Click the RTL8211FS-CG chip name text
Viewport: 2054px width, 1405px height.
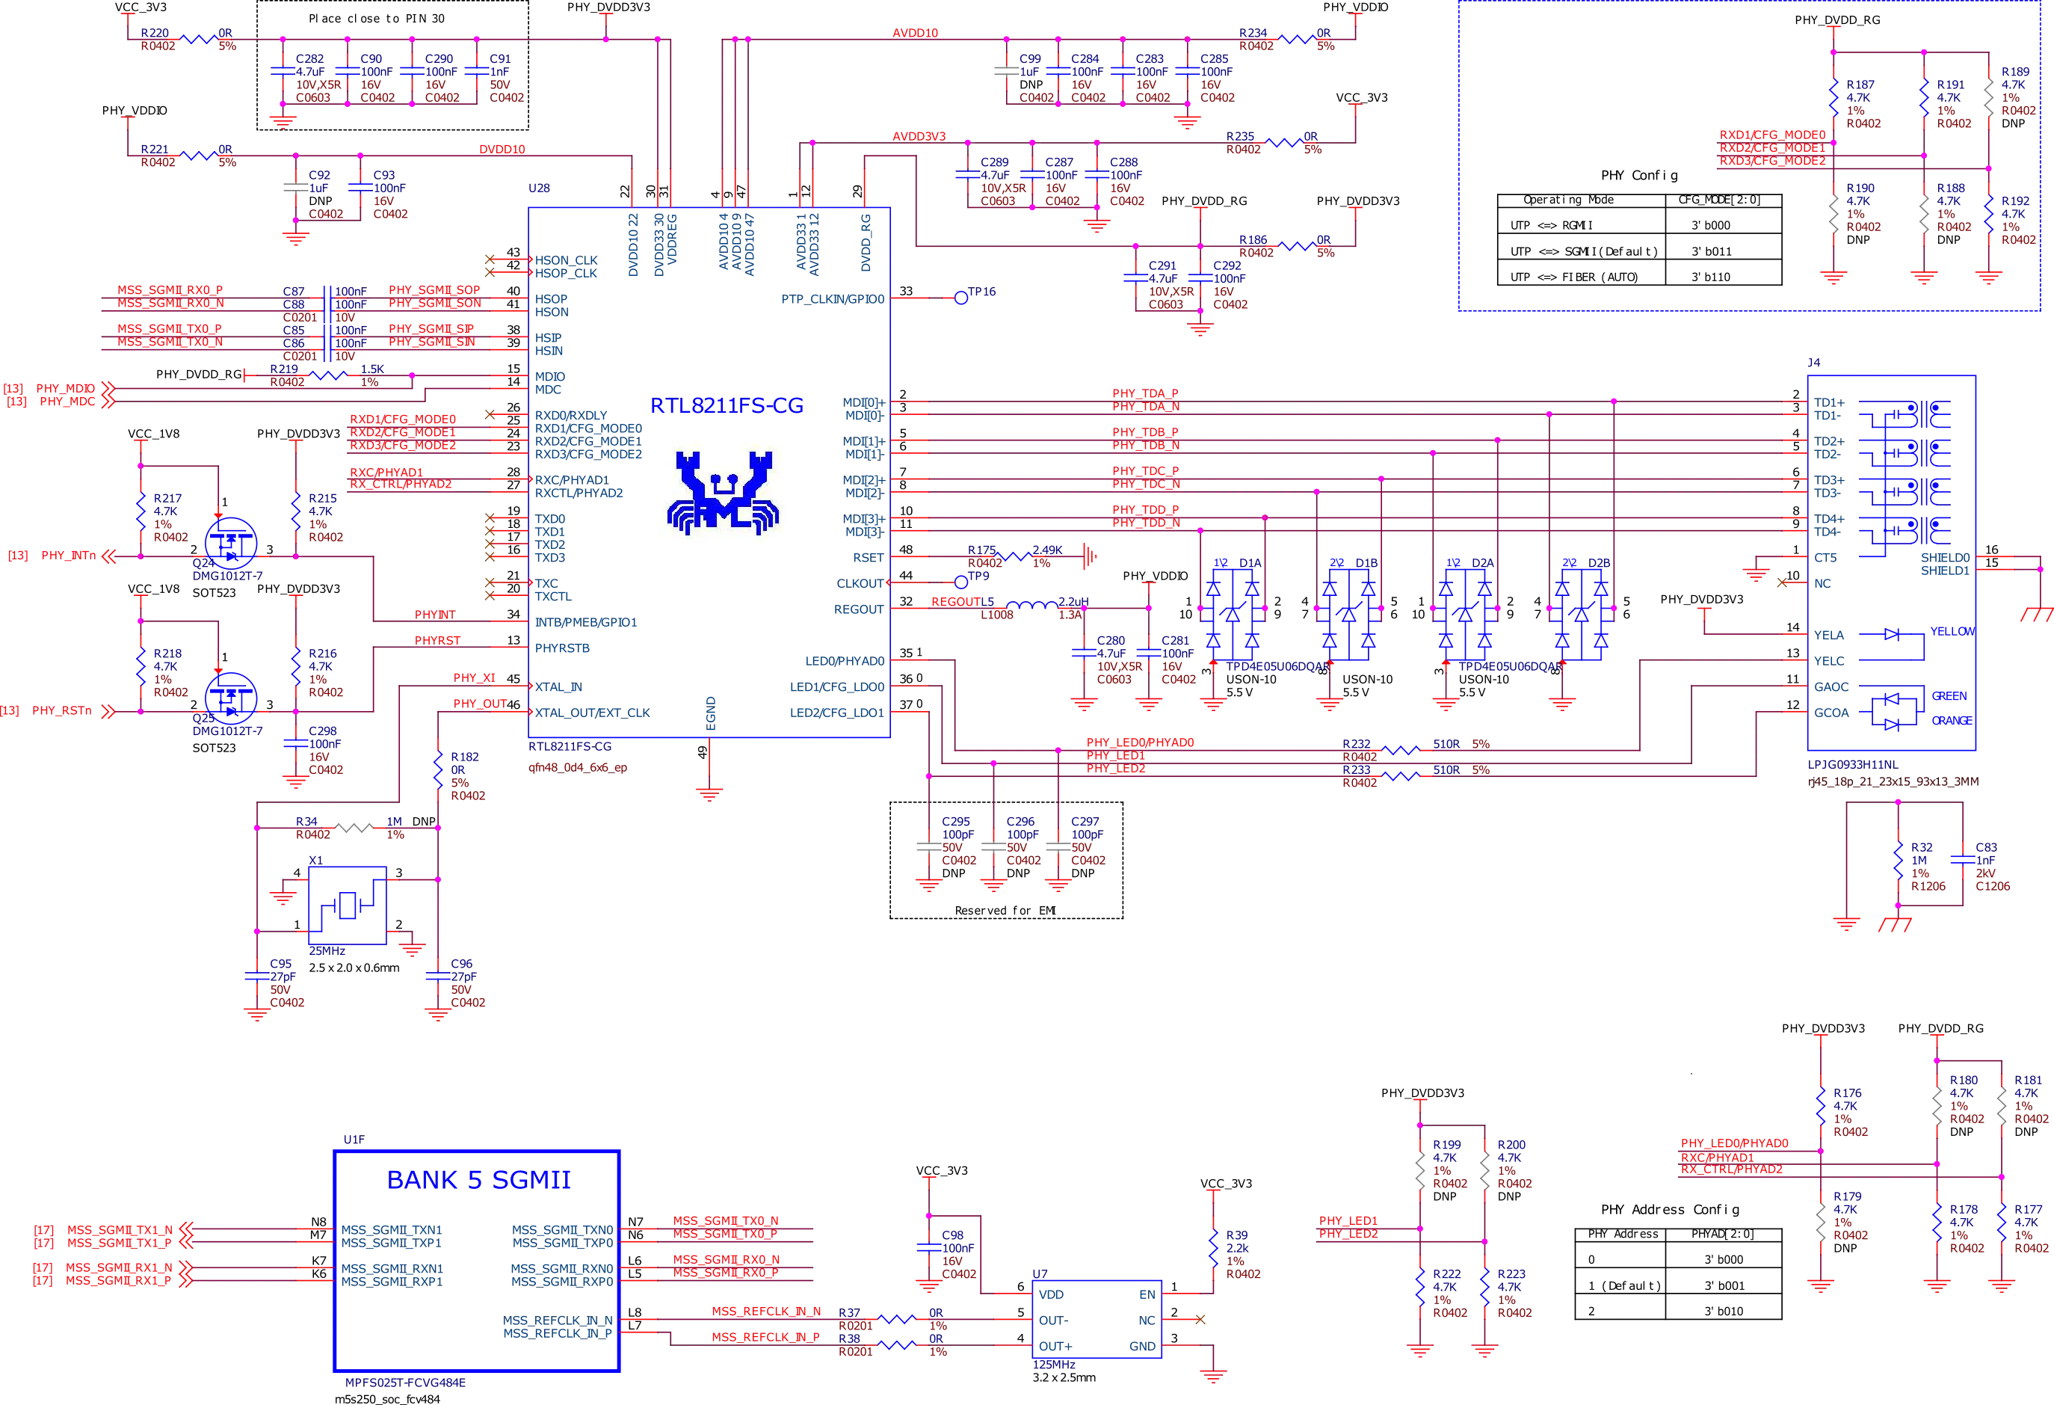tap(727, 406)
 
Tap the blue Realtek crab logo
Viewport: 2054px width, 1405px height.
tap(724, 494)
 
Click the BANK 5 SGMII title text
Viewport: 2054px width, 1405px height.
tap(480, 1179)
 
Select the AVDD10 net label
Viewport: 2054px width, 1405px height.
tap(915, 34)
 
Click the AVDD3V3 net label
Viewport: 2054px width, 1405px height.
tap(919, 137)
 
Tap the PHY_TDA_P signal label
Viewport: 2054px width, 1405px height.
tap(1144, 393)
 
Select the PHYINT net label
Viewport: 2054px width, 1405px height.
tap(436, 615)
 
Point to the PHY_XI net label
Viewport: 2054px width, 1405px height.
tap(475, 678)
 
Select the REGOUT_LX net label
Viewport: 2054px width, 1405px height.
tap(961, 602)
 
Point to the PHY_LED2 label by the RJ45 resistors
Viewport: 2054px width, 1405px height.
tap(1115, 769)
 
